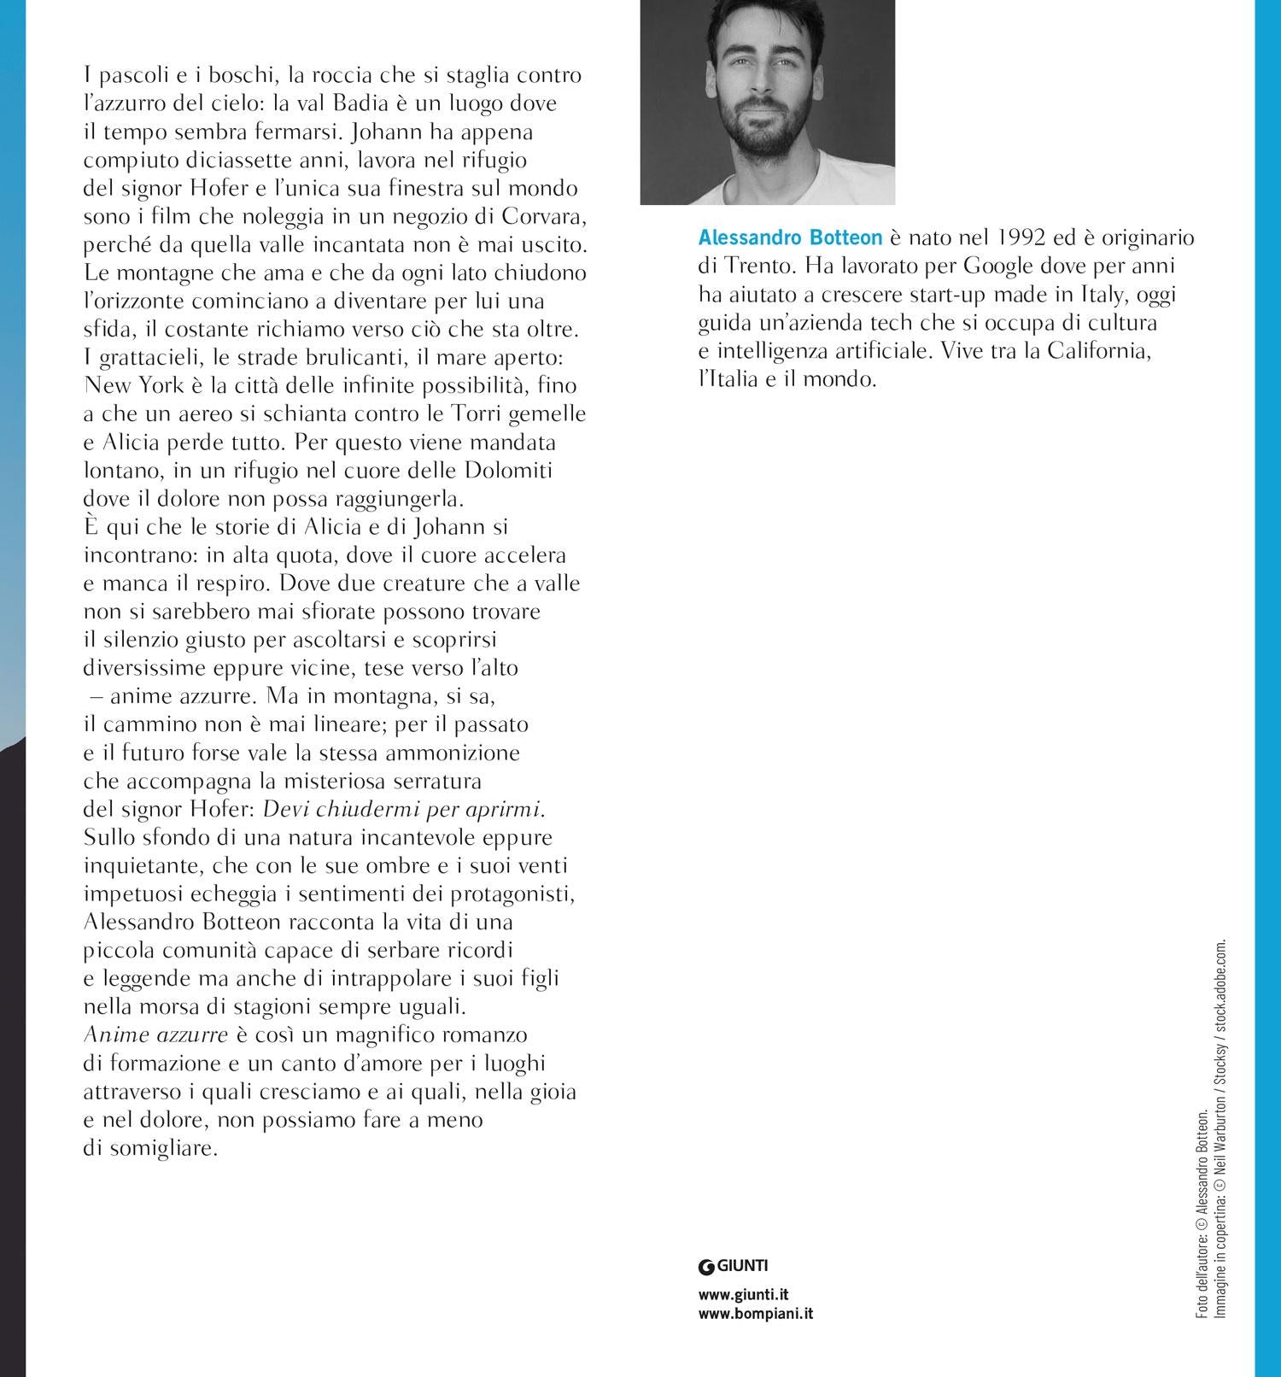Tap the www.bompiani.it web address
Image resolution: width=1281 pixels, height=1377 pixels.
point(755,1314)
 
